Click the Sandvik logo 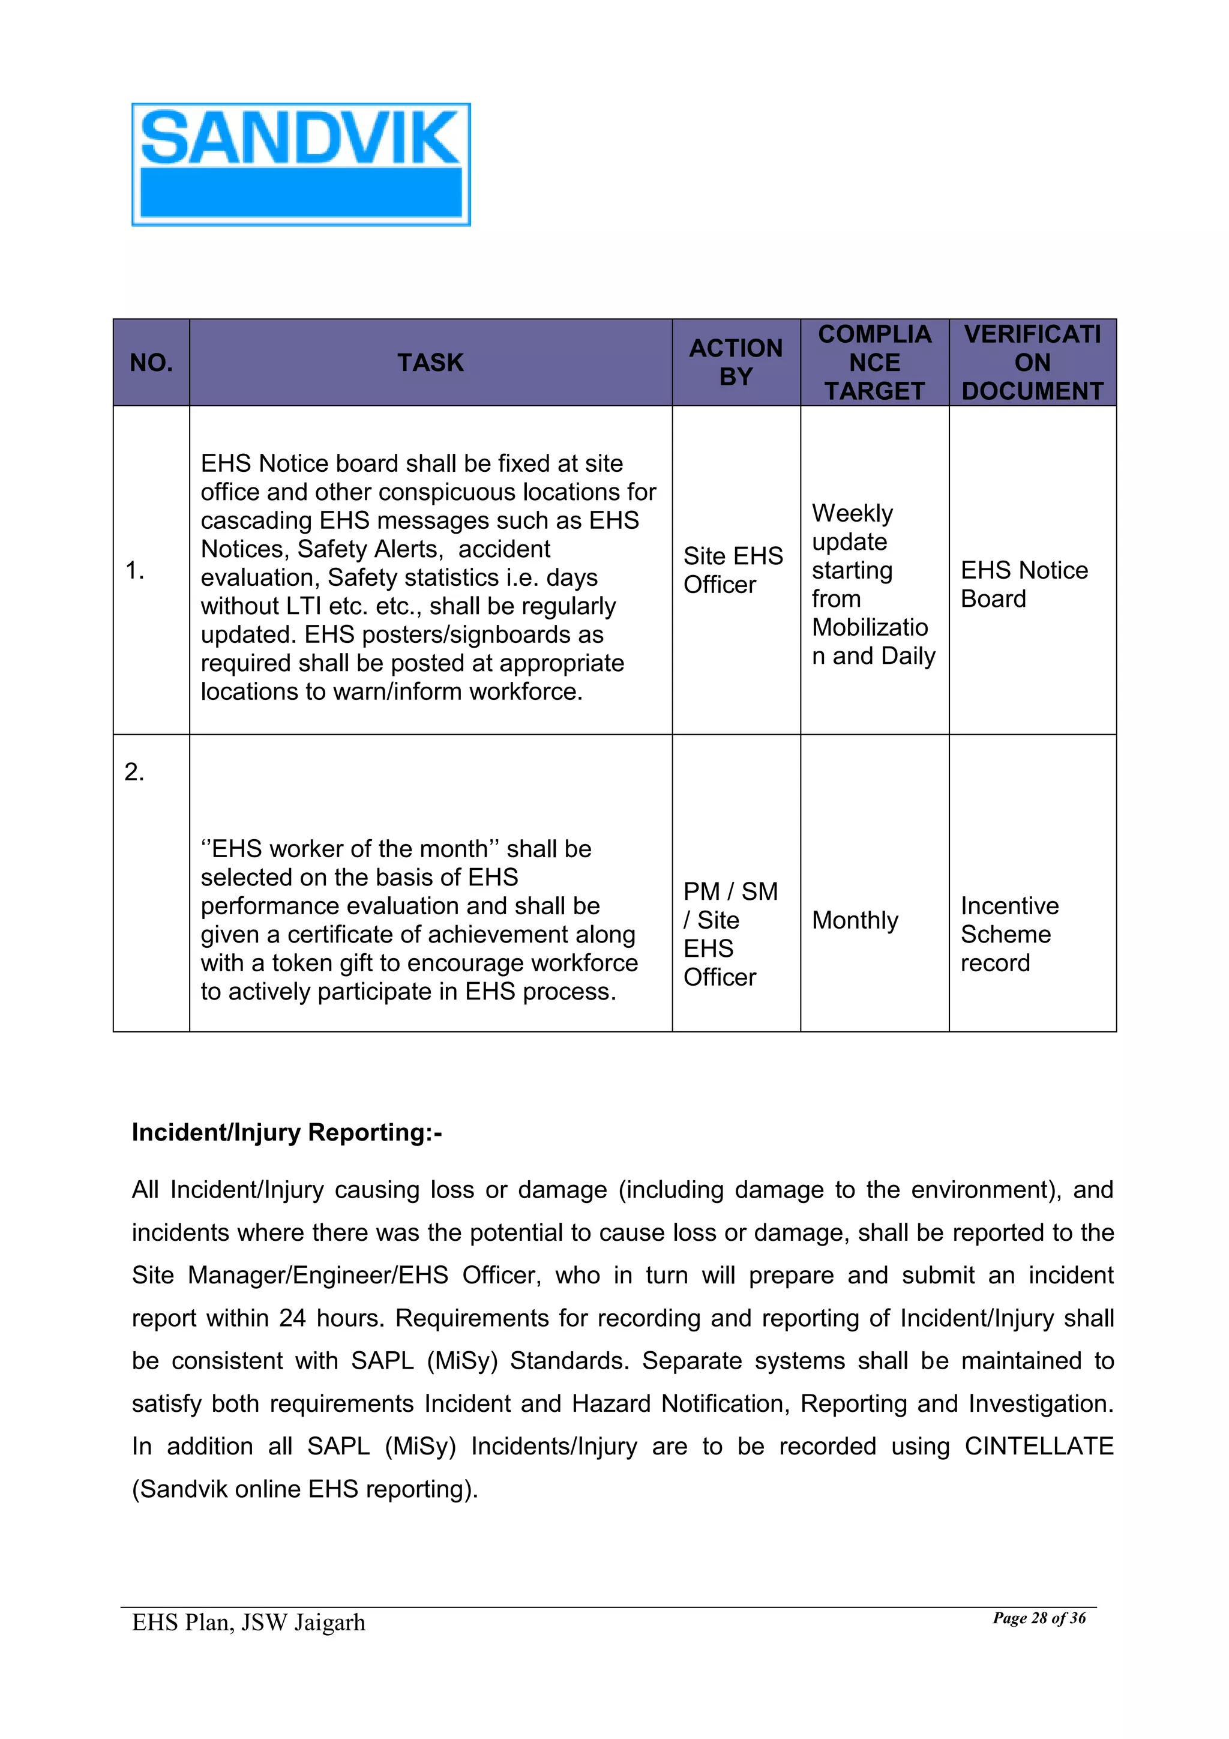301,164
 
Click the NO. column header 151,363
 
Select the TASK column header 430,363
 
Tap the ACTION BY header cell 735,362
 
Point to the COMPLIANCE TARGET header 874,362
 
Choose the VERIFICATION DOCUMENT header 1032,362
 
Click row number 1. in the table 135,570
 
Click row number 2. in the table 134,772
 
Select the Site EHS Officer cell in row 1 732,570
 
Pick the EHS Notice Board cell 1023,584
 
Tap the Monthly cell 855,920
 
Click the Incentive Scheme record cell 1009,934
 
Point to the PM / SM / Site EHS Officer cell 730,934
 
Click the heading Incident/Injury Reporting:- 286,1132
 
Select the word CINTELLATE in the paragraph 1038,1446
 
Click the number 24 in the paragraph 292,1318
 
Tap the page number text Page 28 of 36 1039,1618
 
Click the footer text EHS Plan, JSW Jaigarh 248,1623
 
